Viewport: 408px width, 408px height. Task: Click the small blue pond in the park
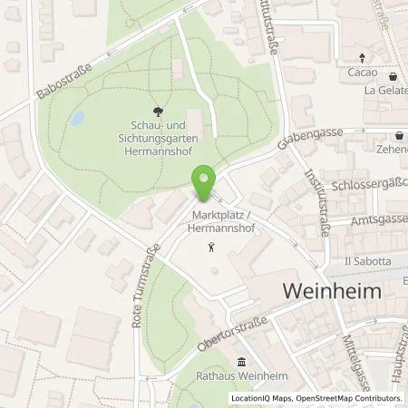(76, 118)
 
